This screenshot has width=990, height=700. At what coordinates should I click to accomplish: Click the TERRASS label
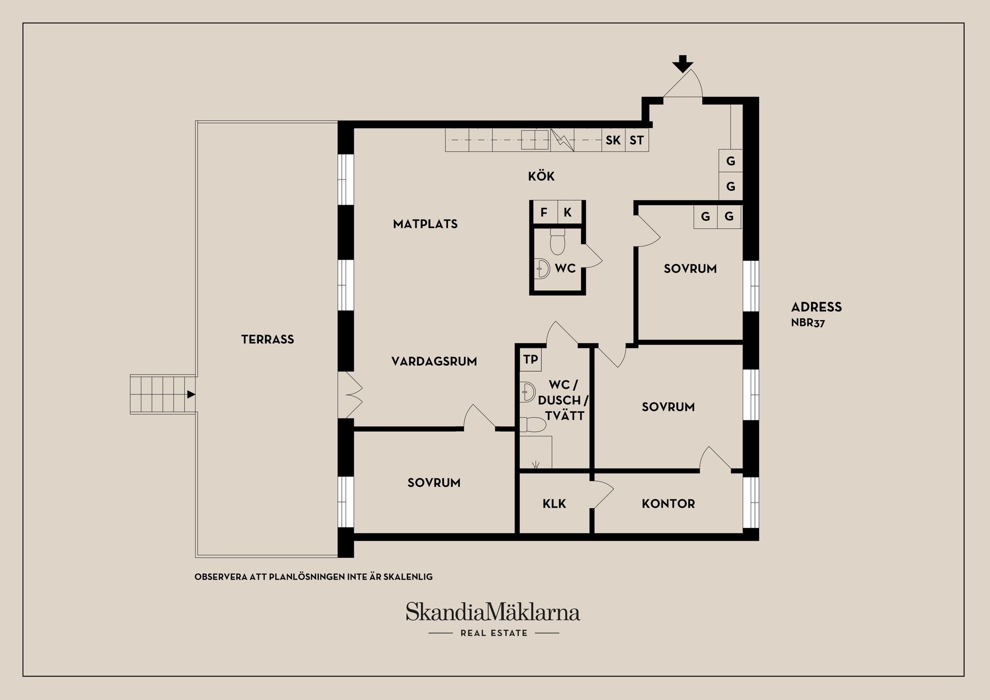267,339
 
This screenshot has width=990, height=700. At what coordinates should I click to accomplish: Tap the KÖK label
541,176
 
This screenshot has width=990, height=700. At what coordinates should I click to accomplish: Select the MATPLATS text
425,224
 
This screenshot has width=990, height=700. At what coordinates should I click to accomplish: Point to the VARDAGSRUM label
434,361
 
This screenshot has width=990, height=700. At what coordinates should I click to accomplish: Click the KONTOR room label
668,504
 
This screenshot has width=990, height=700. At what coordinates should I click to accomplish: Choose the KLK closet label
554,504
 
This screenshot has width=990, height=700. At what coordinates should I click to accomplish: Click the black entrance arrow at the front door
683,63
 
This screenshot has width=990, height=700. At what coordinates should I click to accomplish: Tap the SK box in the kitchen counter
613,140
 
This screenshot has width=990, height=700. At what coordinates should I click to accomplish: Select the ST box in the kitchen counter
637,140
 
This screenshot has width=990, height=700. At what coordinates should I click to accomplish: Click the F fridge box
543,212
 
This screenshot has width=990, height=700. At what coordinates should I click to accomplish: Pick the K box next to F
568,212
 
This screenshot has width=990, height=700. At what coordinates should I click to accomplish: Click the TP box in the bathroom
531,359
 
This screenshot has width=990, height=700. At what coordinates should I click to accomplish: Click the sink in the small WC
542,268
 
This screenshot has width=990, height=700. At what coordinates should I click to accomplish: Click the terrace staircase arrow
191,394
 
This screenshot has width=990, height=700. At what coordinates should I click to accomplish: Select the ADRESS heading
816,307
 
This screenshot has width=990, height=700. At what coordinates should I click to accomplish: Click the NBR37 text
807,323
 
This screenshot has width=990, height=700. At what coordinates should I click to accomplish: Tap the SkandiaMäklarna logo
493,612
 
